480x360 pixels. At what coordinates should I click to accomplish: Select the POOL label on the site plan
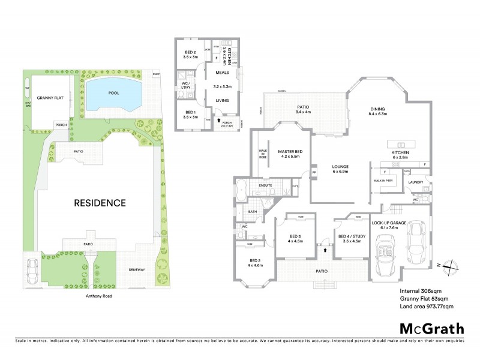(113, 94)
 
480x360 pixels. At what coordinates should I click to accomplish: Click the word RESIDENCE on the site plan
(100, 203)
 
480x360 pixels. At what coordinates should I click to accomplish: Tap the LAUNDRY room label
(416, 182)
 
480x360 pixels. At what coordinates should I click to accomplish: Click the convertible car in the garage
(383, 251)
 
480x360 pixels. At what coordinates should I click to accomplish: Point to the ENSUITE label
(266, 185)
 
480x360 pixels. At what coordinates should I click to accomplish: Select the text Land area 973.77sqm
(426, 307)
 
